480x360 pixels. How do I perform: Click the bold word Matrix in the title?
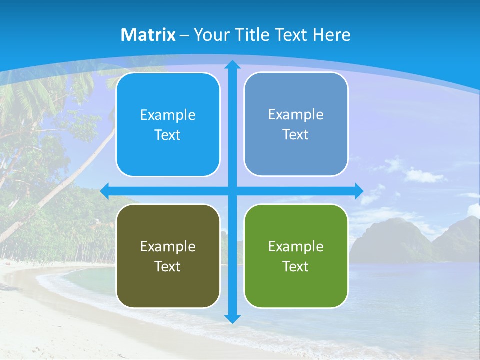[x=148, y=35]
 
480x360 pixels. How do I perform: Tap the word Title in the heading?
[x=253, y=35]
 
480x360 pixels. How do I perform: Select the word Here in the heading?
[x=331, y=35]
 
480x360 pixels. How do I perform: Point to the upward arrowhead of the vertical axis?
[x=232, y=65]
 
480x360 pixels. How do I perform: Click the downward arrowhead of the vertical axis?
[x=232, y=318]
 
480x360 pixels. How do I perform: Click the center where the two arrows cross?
[x=232, y=191]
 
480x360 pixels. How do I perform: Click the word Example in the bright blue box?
[x=168, y=115]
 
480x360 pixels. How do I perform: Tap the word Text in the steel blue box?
[x=295, y=135]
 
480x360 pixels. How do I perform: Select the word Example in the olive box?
[x=168, y=246]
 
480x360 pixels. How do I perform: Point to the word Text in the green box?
[x=295, y=266]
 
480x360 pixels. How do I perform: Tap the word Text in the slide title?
[x=292, y=35]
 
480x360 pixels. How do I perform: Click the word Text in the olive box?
[x=167, y=266]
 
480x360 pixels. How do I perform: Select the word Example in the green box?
[x=296, y=246]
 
